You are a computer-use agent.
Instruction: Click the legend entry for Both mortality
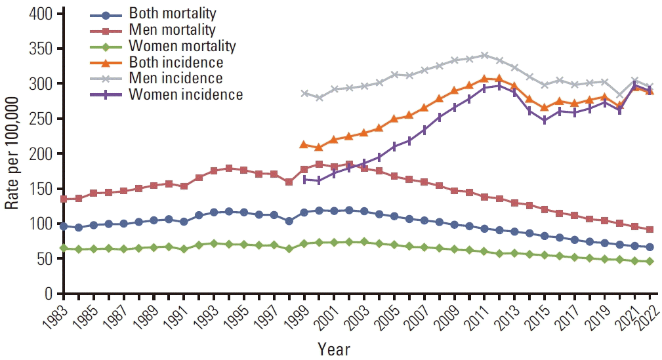(173, 13)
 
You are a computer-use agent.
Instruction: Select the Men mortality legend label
(173, 30)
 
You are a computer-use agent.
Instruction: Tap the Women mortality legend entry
(182, 46)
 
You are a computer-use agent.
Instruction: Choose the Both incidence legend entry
(176, 62)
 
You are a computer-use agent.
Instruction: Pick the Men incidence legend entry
(176, 79)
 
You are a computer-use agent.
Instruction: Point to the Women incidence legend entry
(186, 95)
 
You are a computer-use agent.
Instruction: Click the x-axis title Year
(334, 348)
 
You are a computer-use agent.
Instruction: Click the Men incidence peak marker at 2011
(484, 55)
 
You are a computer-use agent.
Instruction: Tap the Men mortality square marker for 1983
(64, 199)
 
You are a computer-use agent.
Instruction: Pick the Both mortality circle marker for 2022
(650, 247)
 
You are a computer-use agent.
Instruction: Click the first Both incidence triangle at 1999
(303, 144)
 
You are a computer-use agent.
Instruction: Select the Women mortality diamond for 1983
(64, 248)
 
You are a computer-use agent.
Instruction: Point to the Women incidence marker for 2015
(545, 121)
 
